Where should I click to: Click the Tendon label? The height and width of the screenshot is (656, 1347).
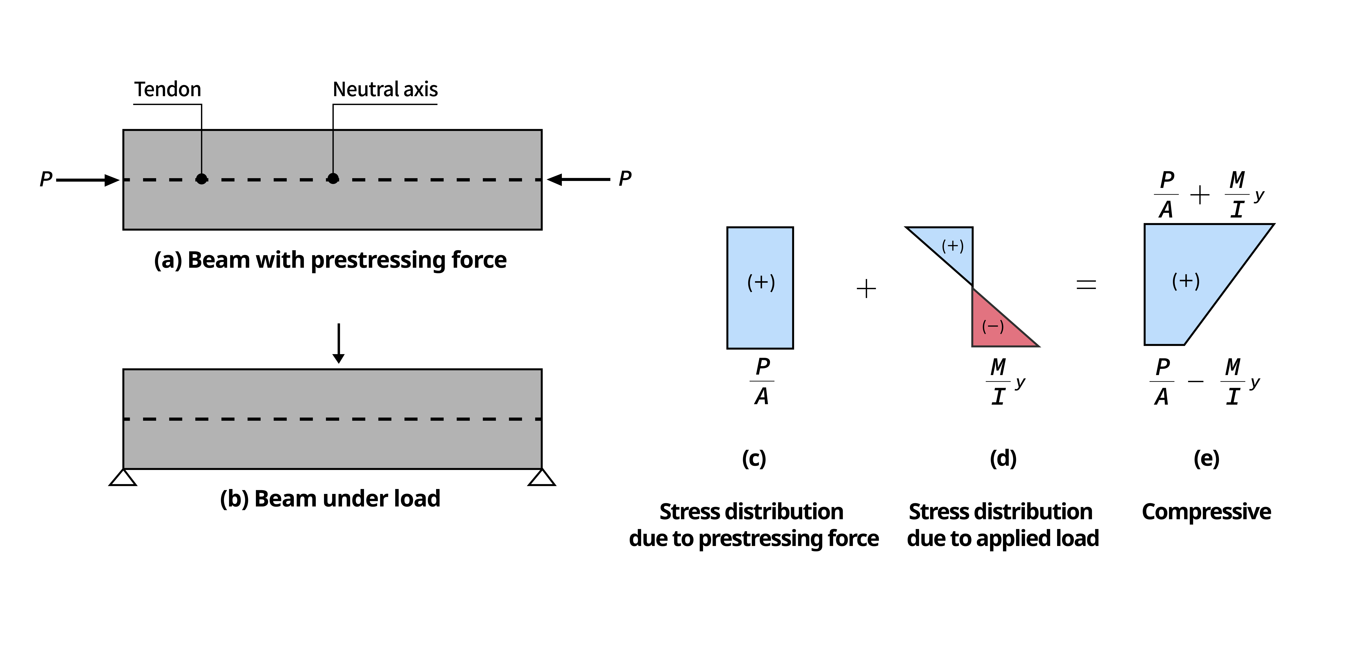[x=167, y=89]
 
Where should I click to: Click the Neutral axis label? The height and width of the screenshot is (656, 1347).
[x=385, y=89]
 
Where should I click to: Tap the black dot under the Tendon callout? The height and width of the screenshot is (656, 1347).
[x=201, y=179]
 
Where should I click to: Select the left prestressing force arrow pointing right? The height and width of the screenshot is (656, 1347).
[x=88, y=180]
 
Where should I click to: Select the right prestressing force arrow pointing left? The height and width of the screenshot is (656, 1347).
[x=578, y=179]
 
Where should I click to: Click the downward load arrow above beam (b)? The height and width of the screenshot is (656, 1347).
[x=339, y=343]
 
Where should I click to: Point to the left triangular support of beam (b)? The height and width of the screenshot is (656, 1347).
[x=123, y=478]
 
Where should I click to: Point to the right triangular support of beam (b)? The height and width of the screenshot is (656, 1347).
[x=542, y=478]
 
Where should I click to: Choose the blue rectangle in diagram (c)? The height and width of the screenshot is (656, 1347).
[x=760, y=288]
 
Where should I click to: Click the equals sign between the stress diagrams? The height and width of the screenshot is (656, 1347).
[x=1086, y=285]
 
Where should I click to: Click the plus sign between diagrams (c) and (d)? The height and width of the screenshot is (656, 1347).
[x=867, y=289]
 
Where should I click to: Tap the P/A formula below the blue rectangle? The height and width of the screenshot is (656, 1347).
[x=762, y=381]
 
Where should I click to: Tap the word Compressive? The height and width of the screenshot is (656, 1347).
[x=1206, y=512]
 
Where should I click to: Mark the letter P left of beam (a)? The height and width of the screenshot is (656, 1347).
[x=46, y=179]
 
